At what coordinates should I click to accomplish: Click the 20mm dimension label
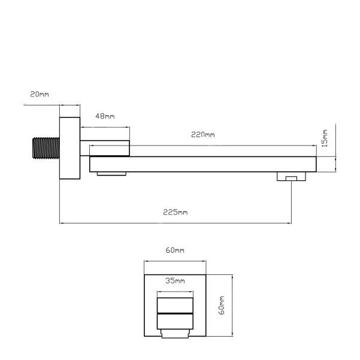(40, 94)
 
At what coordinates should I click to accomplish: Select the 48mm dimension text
(105, 116)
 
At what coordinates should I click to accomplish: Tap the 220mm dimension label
(203, 135)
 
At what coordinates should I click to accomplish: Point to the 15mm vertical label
(325, 138)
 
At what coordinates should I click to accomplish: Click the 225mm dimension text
(176, 212)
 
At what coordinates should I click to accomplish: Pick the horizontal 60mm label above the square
(175, 250)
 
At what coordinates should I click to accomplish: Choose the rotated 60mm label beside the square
(222, 305)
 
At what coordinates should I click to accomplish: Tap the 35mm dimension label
(175, 280)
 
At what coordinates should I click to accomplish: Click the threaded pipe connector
(46, 148)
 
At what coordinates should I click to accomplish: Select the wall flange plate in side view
(70, 148)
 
